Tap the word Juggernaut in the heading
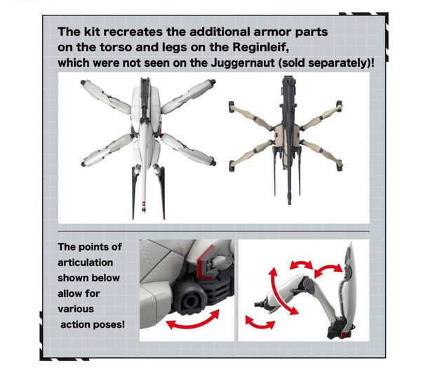243,63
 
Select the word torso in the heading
116,48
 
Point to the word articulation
85,262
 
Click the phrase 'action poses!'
93,324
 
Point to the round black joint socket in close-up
190,301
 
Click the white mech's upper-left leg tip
83,83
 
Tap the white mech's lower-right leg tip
213,163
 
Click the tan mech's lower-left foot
232,166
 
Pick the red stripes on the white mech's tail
144,206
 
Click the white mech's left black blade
134,193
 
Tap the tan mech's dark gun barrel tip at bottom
289,201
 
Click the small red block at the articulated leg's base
345,335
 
